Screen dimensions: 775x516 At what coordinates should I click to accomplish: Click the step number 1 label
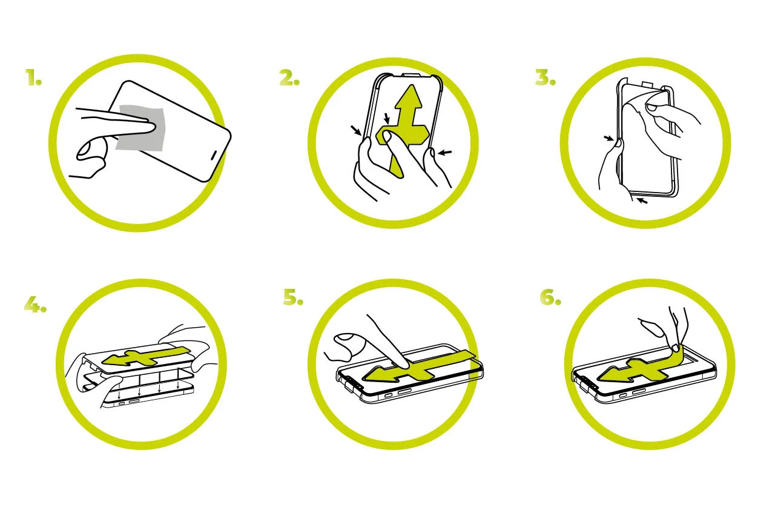tap(33, 77)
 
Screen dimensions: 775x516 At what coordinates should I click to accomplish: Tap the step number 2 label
tap(289, 77)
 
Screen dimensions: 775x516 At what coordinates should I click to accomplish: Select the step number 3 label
tap(546, 77)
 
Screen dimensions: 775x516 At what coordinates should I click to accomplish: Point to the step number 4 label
tap(35, 305)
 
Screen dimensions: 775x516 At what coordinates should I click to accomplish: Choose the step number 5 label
tap(293, 297)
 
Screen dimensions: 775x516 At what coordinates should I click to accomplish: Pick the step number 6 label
tap(550, 297)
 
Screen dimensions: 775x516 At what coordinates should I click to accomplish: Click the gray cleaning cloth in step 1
tap(140, 127)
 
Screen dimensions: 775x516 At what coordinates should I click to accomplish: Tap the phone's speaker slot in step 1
tap(214, 155)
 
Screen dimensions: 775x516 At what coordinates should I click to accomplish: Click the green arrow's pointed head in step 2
tap(410, 96)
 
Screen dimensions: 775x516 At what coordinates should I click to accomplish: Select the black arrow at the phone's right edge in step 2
tap(444, 152)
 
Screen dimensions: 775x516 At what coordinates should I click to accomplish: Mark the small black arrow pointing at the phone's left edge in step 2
tap(356, 130)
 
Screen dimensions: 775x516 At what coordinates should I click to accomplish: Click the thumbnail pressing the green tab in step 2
tap(387, 136)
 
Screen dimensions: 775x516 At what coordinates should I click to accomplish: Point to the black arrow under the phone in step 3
tap(642, 200)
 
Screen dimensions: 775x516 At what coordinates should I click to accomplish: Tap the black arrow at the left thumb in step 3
tap(609, 139)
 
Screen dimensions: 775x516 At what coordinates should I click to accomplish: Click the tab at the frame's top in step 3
tap(648, 85)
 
